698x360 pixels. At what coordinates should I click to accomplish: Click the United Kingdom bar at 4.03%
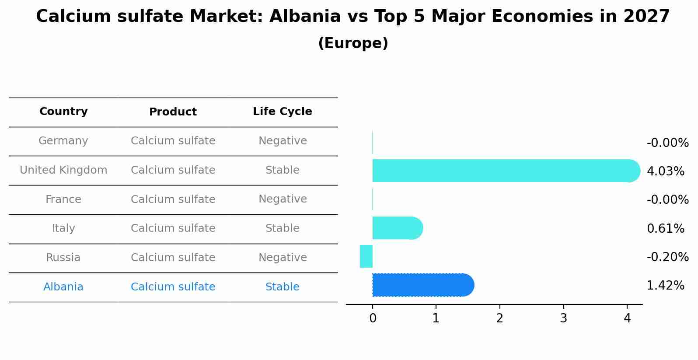[503, 171]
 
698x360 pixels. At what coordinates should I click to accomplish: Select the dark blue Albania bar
[422, 285]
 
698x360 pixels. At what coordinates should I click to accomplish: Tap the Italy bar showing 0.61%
[397, 228]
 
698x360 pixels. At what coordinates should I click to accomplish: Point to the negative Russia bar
[366, 256]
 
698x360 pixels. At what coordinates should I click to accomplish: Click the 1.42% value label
[665, 286]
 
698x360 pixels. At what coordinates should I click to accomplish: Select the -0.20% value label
[667, 257]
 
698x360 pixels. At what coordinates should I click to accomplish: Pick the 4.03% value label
[665, 171]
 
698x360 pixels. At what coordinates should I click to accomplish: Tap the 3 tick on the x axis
[563, 318]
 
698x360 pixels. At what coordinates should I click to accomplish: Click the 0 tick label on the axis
[373, 318]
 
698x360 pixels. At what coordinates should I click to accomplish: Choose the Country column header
[63, 112]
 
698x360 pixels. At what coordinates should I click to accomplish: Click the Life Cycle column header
[283, 112]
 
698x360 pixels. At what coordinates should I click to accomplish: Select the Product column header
[173, 112]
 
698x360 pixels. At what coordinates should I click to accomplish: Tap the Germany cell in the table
[63, 141]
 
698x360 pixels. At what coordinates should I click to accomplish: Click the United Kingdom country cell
[63, 170]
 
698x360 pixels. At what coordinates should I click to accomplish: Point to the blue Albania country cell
[63, 287]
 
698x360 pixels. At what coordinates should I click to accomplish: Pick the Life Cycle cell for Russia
[283, 258]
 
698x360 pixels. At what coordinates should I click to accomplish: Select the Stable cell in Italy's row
[283, 228]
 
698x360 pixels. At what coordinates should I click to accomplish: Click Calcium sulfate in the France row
[173, 199]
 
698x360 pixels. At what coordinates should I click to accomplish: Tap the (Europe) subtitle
[353, 43]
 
